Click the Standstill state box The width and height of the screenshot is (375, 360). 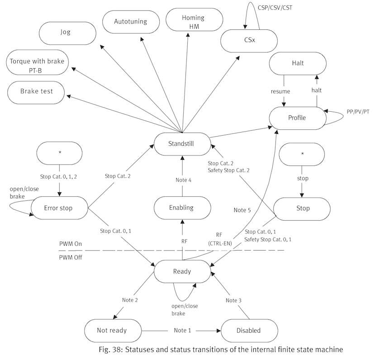pyautogui.click(x=182, y=144)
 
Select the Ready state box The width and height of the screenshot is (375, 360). pyautogui.click(x=182, y=271)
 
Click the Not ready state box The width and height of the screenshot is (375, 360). pyautogui.click(x=112, y=330)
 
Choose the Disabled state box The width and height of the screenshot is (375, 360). pyautogui.click(x=248, y=330)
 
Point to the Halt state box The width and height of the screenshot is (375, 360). pyautogui.click(x=298, y=63)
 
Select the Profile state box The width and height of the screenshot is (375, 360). pyautogui.click(x=297, y=118)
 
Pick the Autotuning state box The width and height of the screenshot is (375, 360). pyautogui.click(x=131, y=21)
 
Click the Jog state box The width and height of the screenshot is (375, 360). pyautogui.click(x=66, y=32)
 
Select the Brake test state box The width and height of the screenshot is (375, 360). pyautogui.click(x=37, y=91)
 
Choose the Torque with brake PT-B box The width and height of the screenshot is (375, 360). pyautogui.click(x=36, y=64)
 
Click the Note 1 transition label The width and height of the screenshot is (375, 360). pyautogui.click(x=182, y=330)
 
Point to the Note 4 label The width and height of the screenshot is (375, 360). pyautogui.click(x=182, y=180)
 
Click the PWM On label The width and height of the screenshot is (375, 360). pyautogui.click(x=71, y=243)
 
